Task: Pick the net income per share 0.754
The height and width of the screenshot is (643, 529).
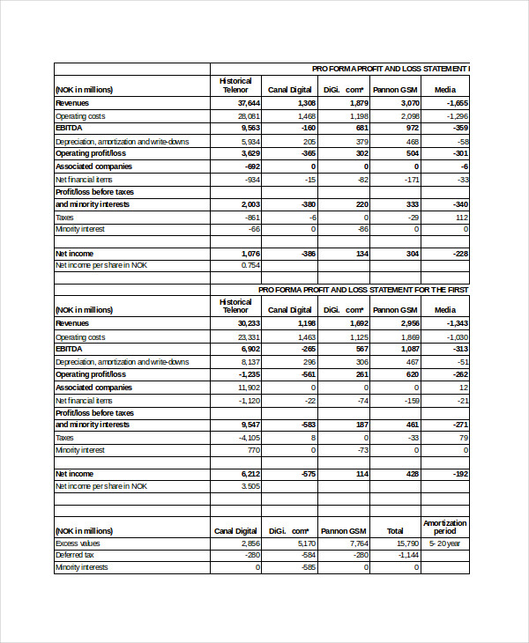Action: click(x=250, y=264)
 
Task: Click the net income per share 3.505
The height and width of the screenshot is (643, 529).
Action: click(x=250, y=485)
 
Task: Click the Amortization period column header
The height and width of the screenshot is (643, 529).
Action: click(x=445, y=527)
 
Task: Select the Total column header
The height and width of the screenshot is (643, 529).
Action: click(x=395, y=531)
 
